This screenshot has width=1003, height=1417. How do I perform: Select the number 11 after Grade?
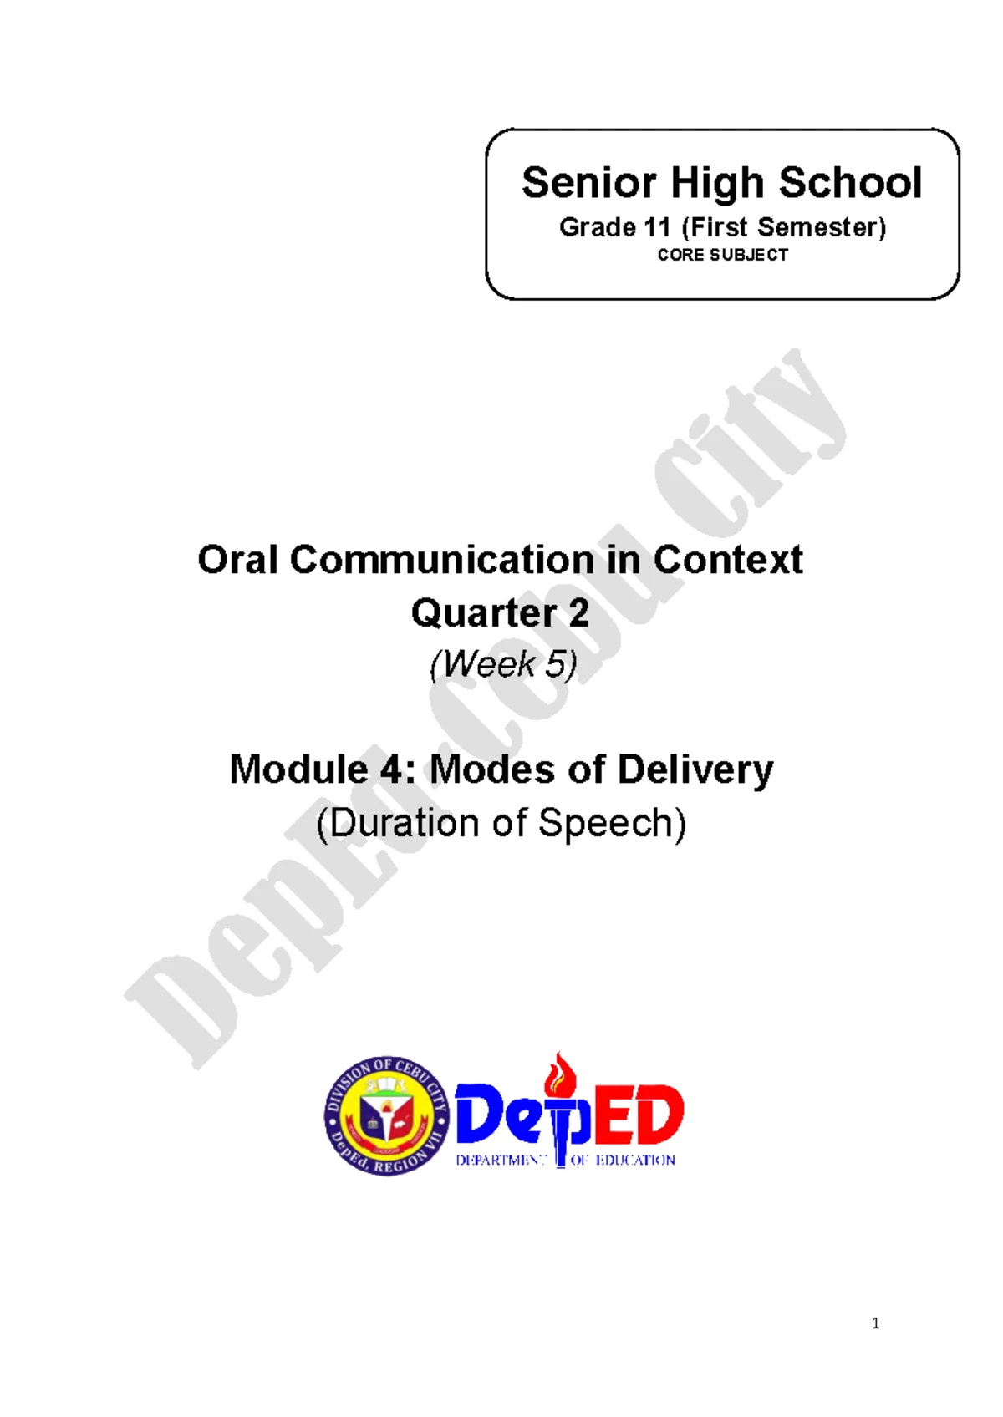click(657, 227)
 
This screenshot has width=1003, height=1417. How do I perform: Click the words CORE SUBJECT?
click(722, 255)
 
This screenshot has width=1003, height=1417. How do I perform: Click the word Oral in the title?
click(237, 560)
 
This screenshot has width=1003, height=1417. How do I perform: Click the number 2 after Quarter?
click(578, 613)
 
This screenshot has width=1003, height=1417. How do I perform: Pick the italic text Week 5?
click(503, 665)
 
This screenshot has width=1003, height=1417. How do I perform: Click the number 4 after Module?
click(391, 769)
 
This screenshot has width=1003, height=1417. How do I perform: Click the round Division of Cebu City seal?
click(386, 1115)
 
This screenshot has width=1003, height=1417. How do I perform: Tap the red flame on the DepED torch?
click(559, 1074)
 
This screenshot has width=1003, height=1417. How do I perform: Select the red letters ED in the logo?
click(640, 1115)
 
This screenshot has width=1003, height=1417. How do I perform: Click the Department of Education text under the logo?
click(565, 1160)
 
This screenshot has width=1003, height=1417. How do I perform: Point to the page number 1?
click(875, 1323)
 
